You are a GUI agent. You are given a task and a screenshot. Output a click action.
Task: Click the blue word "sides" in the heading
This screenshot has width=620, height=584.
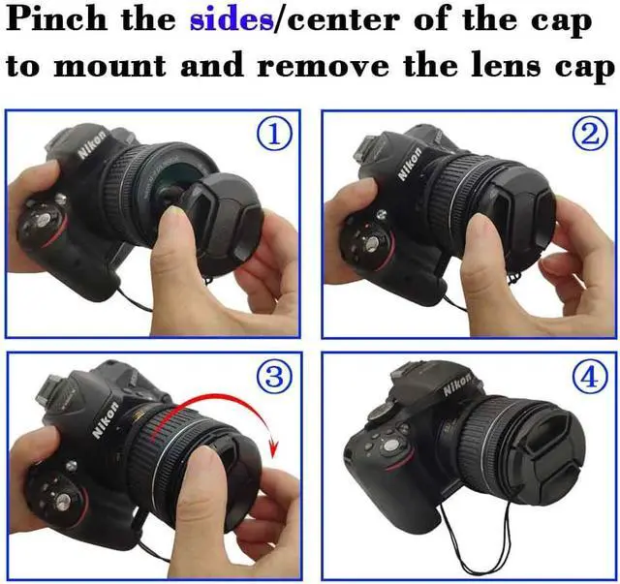pyautogui.click(x=232, y=19)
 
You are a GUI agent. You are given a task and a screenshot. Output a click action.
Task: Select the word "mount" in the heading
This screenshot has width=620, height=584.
pyautogui.click(x=109, y=66)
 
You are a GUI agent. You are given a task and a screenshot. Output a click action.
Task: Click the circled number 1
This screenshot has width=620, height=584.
pyautogui.click(x=275, y=135)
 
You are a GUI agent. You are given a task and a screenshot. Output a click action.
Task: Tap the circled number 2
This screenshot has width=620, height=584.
pyautogui.click(x=590, y=135)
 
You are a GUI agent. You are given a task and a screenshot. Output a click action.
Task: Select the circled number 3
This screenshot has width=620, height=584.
pyautogui.click(x=275, y=376)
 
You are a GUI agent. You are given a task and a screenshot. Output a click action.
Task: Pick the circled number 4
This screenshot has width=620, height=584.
pyautogui.click(x=590, y=376)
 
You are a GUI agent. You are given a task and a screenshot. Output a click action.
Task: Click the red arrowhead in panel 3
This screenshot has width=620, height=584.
pyautogui.click(x=272, y=448)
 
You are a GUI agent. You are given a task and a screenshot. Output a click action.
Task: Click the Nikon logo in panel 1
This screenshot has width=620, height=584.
pyautogui.click(x=92, y=144)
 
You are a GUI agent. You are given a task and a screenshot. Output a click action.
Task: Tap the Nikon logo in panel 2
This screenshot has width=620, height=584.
pyautogui.click(x=409, y=164)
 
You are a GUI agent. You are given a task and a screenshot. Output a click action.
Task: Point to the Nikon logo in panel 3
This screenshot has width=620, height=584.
pyautogui.click(x=106, y=419)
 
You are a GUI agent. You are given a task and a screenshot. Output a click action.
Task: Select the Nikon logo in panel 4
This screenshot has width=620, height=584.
pyautogui.click(x=457, y=384)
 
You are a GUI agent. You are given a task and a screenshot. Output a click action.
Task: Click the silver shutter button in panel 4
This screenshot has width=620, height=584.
pyautogui.click(x=390, y=446)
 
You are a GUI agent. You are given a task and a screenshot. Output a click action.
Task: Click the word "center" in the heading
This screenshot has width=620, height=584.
pyautogui.click(x=343, y=20)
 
